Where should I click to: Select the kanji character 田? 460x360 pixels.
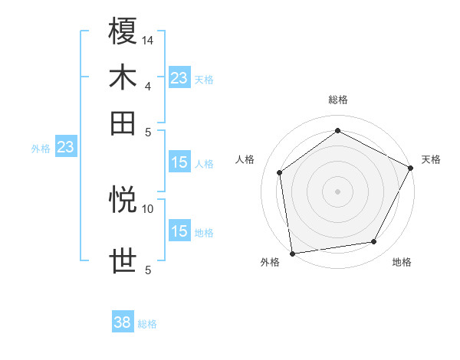[123, 122]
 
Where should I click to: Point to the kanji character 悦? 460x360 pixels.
[123, 200]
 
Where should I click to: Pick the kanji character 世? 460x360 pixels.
[123, 260]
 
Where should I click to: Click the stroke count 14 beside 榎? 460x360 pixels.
[148, 39]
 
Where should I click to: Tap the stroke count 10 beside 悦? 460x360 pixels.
[148, 208]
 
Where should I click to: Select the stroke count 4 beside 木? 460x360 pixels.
[148, 85]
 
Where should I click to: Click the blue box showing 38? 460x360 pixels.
[123, 322]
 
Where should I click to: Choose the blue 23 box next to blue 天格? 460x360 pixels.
[179, 77]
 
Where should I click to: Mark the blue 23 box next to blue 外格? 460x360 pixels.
[65, 147]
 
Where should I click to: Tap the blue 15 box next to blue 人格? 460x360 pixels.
[179, 162]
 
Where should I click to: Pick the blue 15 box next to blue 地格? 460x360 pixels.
[179, 231]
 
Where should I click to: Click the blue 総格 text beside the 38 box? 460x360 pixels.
[147, 324]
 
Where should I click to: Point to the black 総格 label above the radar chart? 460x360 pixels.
[337, 100]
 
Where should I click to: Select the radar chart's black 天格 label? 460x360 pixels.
[431, 159]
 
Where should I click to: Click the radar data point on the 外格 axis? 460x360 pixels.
[291, 253]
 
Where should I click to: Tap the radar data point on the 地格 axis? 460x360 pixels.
[374, 242]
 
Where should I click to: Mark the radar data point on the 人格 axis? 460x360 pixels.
[280, 172]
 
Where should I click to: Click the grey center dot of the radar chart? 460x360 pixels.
[337, 191]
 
